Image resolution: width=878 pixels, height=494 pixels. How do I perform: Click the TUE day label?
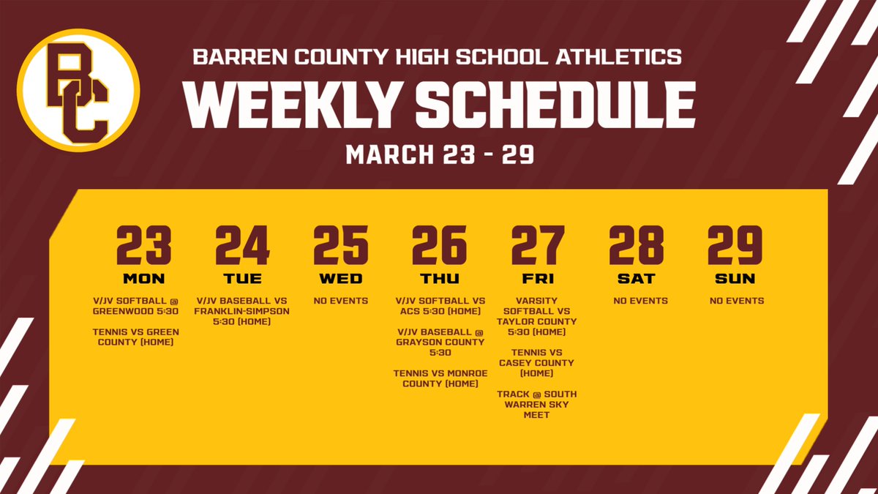(242, 279)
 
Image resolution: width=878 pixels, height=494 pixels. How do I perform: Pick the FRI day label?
(538, 279)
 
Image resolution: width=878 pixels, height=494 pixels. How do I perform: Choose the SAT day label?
(636, 279)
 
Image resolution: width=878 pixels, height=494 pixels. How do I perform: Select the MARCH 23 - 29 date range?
(439, 154)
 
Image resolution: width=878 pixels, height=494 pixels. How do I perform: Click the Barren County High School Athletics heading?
(437, 56)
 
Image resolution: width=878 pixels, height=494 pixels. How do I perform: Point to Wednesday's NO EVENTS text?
(340, 301)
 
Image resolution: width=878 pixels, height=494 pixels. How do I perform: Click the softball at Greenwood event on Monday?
(136, 305)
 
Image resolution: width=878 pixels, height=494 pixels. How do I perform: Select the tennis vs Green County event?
(136, 337)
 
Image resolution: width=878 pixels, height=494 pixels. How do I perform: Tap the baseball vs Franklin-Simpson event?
(242, 310)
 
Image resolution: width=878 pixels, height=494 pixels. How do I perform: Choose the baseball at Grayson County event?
(439, 342)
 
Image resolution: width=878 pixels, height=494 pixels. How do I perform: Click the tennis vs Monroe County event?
(439, 378)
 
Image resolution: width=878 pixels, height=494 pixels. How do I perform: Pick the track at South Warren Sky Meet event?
(537, 405)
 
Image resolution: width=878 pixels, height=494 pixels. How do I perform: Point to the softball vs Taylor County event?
(537, 316)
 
